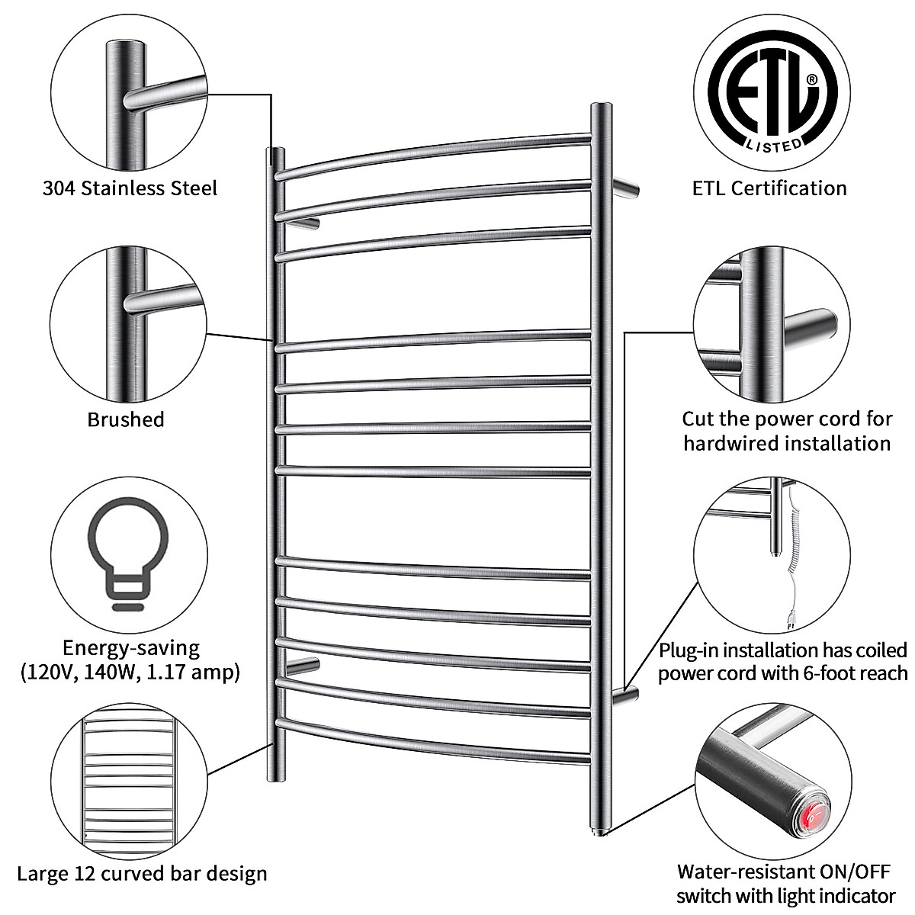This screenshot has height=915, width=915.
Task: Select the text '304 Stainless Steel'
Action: pyautogui.click(x=130, y=188)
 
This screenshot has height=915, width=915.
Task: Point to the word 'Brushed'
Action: pyautogui.click(x=126, y=419)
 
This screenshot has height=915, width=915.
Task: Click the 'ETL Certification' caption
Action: pyautogui.click(x=769, y=188)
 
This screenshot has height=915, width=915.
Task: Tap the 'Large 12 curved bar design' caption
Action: pyautogui.click(x=142, y=873)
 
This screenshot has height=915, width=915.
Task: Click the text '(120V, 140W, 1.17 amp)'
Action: pyautogui.click(x=130, y=673)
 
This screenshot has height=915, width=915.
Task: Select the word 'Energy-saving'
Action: pyautogui.click(x=130, y=648)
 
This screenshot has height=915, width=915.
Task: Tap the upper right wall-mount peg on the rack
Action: pyautogui.click(x=625, y=187)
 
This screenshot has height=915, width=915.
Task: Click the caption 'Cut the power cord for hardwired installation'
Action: pyautogui.click(x=787, y=431)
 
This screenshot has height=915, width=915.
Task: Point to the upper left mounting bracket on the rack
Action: pyautogui.click(x=307, y=223)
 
